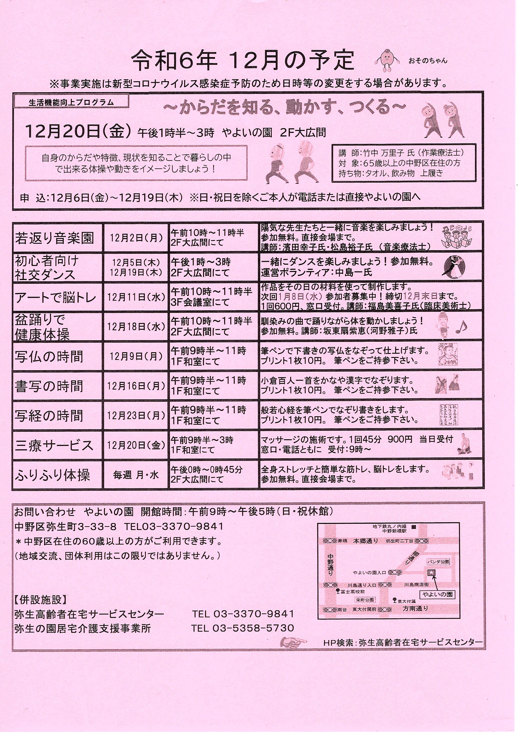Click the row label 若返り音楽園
tap(55, 238)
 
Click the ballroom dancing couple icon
tap(454, 267)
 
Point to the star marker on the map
tap(431, 573)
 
